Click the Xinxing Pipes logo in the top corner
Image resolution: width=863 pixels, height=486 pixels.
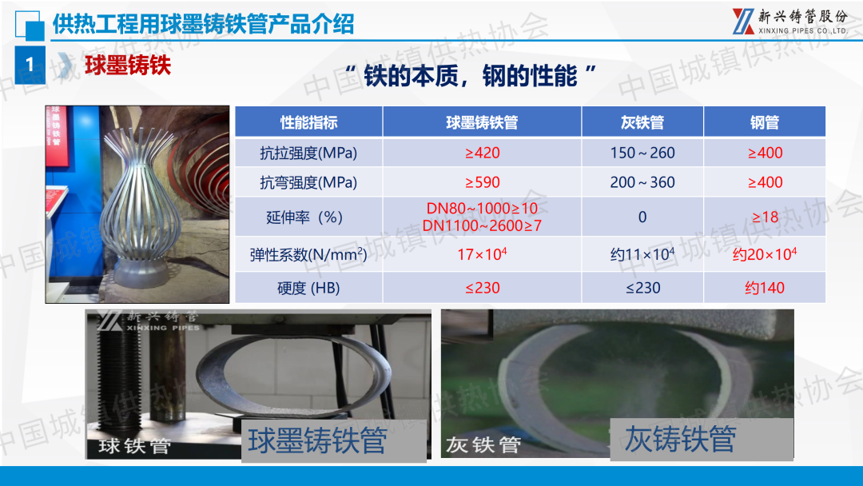(790, 22)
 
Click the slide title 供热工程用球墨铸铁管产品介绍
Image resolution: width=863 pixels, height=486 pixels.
(203, 24)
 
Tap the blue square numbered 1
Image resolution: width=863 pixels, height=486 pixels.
(30, 65)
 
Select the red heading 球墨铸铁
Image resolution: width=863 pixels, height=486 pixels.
(128, 65)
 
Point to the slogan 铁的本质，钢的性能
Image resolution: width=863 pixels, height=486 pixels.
(471, 76)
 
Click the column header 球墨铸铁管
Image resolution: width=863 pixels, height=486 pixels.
(482, 122)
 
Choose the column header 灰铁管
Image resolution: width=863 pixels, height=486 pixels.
(642, 122)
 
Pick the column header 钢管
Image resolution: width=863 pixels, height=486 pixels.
(765, 122)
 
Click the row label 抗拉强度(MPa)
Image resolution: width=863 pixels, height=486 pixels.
(308, 153)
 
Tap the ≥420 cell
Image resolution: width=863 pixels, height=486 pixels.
(482, 153)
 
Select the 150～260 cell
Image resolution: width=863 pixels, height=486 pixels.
(642, 153)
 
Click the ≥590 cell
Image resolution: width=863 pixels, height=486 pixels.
(482, 182)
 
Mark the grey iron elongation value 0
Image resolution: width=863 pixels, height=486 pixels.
(642, 217)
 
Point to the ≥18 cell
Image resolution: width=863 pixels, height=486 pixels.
(765, 217)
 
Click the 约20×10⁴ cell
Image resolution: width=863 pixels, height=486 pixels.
(765, 253)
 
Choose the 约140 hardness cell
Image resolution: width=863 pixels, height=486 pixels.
(765, 287)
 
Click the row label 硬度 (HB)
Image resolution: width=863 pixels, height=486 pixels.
(308, 287)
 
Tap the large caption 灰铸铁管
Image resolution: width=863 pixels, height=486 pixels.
(680, 439)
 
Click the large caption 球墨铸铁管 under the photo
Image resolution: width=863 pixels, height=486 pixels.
(317, 440)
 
